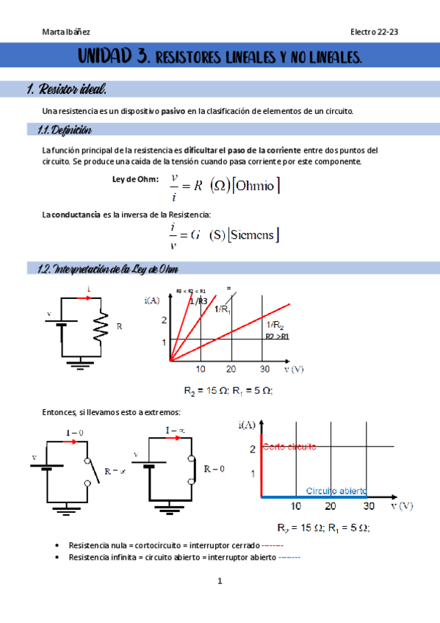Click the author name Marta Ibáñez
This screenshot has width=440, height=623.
[x=68, y=32]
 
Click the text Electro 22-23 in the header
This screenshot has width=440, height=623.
[x=374, y=32]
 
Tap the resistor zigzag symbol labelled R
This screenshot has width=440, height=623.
[x=101, y=324]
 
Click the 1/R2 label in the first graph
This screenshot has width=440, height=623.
[x=275, y=325]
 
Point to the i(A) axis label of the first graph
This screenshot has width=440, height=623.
[x=152, y=300]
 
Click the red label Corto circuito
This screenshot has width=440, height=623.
[x=289, y=447]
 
